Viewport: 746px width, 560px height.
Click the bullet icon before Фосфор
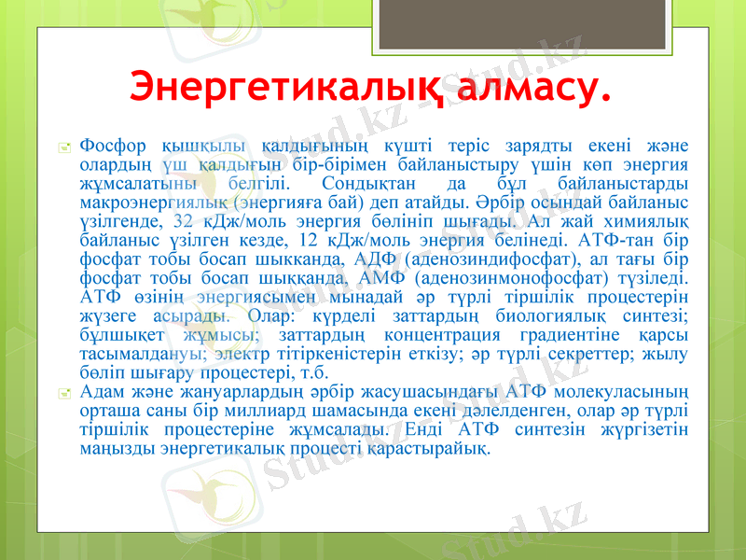coord(63,147)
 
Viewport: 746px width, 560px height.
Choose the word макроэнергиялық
coord(154,202)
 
